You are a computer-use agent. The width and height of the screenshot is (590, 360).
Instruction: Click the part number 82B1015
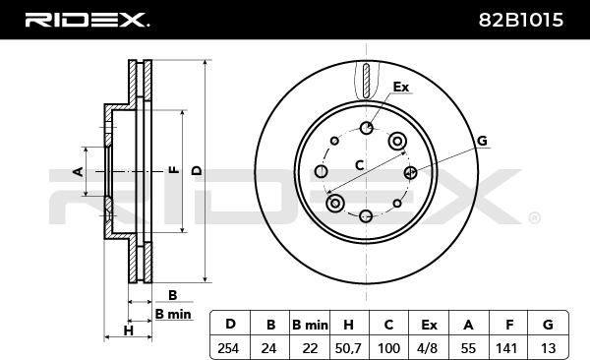click(521, 20)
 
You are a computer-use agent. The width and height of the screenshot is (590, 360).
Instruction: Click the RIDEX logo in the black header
click(87, 20)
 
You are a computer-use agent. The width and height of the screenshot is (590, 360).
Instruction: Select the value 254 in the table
click(228, 348)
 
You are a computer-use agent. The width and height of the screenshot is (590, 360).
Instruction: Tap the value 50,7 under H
click(348, 349)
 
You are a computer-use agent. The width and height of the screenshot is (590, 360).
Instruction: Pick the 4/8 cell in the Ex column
click(429, 348)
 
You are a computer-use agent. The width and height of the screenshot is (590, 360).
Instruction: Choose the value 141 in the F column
click(506, 348)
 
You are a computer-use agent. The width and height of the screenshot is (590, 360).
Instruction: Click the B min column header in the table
click(310, 325)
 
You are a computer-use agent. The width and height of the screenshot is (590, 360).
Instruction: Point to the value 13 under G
click(548, 348)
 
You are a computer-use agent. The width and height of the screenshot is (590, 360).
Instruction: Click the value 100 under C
click(388, 348)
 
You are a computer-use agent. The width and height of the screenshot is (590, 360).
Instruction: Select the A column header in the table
click(468, 325)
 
